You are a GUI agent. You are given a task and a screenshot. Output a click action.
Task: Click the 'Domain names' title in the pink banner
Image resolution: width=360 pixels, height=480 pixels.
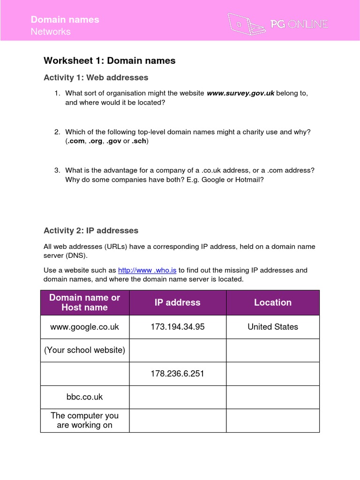point(65,19)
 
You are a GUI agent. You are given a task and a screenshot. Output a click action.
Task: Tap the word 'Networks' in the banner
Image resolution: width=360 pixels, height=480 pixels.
point(51,32)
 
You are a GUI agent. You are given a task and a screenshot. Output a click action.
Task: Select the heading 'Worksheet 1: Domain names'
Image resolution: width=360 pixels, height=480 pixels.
point(109,60)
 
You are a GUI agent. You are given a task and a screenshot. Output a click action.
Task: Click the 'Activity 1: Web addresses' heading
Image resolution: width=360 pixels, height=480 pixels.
point(96,78)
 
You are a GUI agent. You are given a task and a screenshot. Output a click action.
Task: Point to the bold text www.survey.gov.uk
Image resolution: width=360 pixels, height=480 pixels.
point(240,93)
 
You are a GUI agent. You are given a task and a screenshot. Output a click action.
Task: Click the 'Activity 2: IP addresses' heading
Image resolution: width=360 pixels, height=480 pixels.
point(91,231)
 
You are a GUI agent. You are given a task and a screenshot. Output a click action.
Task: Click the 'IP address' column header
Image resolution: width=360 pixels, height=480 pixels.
point(177,303)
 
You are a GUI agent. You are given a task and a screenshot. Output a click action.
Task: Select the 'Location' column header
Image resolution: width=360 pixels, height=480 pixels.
point(272,303)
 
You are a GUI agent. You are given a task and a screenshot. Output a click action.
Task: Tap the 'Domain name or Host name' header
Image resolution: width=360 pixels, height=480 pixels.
point(84,303)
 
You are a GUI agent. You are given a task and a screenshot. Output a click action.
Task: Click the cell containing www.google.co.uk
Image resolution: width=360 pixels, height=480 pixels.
point(84,327)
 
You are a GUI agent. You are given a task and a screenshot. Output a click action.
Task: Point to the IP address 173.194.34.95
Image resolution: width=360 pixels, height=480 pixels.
point(177,327)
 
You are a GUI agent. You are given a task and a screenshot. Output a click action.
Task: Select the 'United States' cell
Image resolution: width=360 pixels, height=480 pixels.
point(272,327)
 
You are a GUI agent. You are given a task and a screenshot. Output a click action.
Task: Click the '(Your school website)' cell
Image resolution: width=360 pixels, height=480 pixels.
point(84,351)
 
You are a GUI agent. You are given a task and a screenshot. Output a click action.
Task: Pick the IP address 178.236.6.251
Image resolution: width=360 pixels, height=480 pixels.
point(177,374)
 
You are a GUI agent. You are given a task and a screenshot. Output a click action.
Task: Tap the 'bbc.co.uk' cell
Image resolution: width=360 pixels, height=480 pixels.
point(84,397)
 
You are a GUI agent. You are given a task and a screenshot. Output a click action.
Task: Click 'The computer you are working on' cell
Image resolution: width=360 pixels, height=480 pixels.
point(84,420)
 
